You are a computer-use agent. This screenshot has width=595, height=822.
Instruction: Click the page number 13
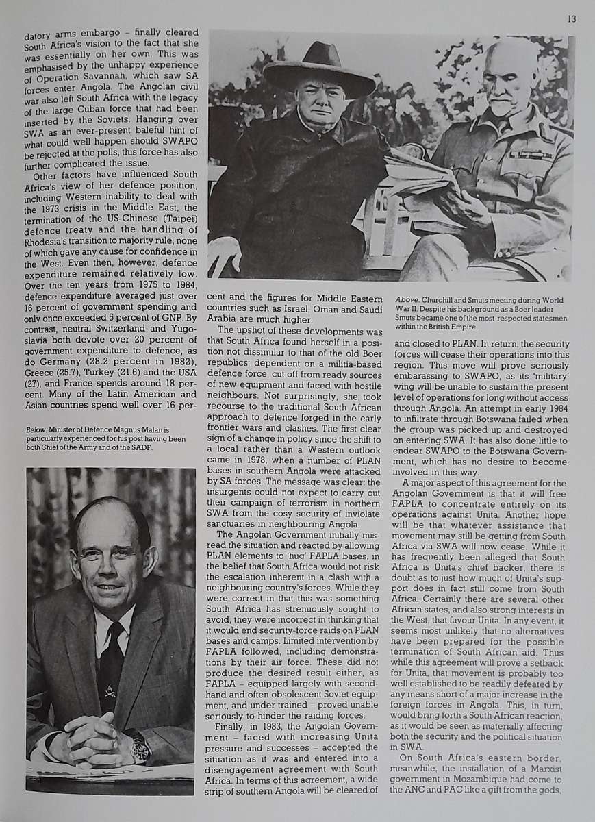pyautogui.click(x=571, y=18)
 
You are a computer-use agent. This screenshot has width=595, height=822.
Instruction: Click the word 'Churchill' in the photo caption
pyautogui.click(x=444, y=300)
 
